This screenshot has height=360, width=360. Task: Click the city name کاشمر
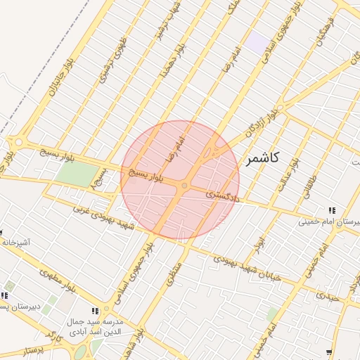[263, 159]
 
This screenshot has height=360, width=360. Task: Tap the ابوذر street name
[260, 245]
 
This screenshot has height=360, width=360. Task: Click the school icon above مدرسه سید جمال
[95, 311]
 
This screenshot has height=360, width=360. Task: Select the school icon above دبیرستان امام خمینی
[332, 210]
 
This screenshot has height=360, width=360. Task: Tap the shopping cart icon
[328, 352]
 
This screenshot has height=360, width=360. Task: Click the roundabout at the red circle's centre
[184, 186]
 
